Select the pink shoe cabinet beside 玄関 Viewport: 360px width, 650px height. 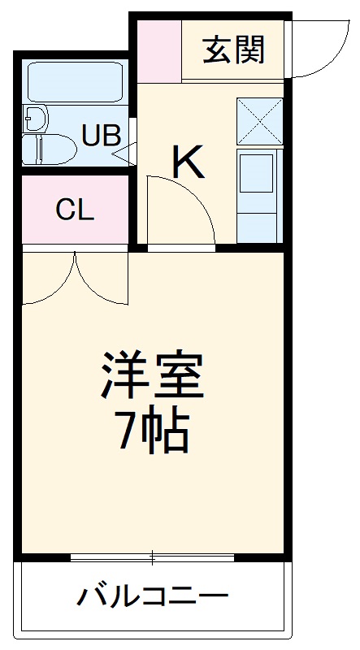[x=158, y=50]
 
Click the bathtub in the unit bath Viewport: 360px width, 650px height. [x=75, y=81]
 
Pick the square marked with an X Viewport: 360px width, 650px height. [x=259, y=121]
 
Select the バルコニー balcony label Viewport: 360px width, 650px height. [x=152, y=599]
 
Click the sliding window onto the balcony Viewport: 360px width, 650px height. [x=152, y=557]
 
